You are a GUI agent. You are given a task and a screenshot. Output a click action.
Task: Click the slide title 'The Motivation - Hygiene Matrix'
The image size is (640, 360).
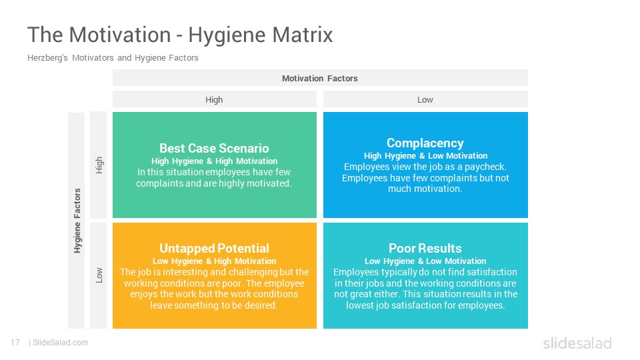click(180, 35)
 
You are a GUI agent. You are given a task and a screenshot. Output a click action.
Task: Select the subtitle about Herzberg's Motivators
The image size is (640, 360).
click(113, 58)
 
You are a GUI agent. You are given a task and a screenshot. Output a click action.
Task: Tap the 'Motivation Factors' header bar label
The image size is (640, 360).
click(319, 79)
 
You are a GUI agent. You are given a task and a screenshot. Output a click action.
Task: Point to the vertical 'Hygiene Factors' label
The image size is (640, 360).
click(77, 221)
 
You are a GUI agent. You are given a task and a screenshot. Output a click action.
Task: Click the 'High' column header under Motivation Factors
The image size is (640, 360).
click(214, 99)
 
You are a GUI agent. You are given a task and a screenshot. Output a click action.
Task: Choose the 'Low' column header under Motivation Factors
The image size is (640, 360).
click(425, 99)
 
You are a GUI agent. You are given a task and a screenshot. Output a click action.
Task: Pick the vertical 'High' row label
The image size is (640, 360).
click(99, 165)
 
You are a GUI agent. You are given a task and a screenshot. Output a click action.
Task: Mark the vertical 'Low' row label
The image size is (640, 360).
click(99, 275)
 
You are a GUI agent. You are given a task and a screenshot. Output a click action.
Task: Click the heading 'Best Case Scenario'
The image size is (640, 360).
click(214, 148)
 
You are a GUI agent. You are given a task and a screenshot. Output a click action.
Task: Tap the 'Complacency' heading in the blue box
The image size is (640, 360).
click(425, 143)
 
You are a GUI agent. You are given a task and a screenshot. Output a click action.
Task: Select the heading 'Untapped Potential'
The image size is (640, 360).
click(214, 248)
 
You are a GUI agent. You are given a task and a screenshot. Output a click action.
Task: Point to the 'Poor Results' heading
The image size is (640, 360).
click(425, 248)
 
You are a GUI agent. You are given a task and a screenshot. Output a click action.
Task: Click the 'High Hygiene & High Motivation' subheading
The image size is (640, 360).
click(214, 161)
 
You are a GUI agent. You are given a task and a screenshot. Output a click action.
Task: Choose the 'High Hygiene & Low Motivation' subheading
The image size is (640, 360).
click(425, 156)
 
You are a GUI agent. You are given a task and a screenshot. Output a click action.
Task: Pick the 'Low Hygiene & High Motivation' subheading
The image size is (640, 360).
click(214, 261)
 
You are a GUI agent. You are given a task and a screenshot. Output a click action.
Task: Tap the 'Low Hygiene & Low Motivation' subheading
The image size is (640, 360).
click(425, 261)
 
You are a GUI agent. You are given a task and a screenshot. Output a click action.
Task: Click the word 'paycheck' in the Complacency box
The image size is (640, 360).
click(485, 167)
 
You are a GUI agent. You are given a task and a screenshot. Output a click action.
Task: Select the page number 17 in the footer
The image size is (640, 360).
click(15, 343)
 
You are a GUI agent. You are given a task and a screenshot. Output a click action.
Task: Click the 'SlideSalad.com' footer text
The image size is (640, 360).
click(60, 343)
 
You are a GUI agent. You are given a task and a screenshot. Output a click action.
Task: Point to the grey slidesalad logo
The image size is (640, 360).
click(577, 343)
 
